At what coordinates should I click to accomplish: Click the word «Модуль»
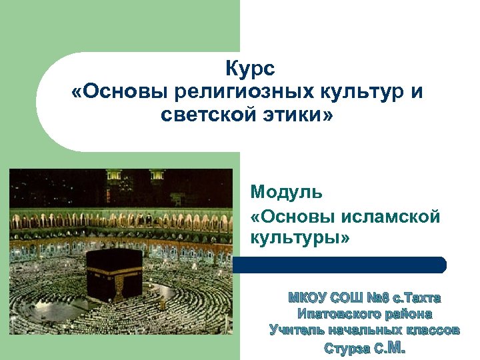pos(287,193)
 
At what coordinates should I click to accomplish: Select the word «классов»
pos(430,329)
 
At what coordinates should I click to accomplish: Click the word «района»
pos(409,313)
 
